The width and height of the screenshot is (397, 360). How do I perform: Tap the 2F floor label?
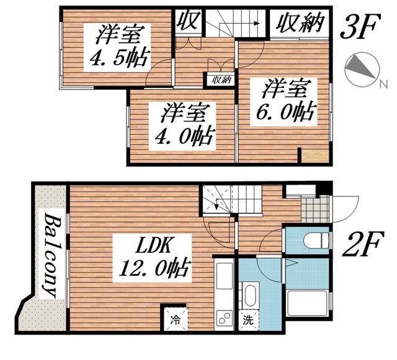359,239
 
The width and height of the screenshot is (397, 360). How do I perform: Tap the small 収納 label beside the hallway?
221,79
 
